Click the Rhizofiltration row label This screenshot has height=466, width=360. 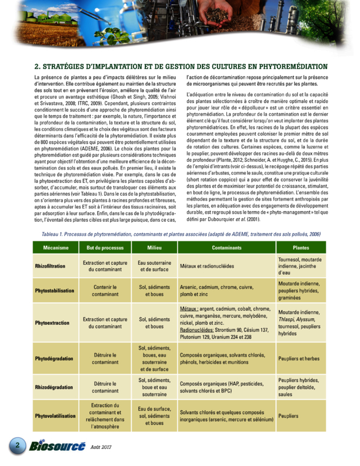(49, 266)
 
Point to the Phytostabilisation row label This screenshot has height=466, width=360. (55, 291)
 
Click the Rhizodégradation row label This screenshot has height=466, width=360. (53, 387)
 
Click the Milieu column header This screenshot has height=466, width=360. (154, 248)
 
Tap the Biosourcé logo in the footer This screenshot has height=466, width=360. (57, 447)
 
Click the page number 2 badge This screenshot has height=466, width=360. (18, 445)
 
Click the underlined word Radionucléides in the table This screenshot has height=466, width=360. (199, 330)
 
